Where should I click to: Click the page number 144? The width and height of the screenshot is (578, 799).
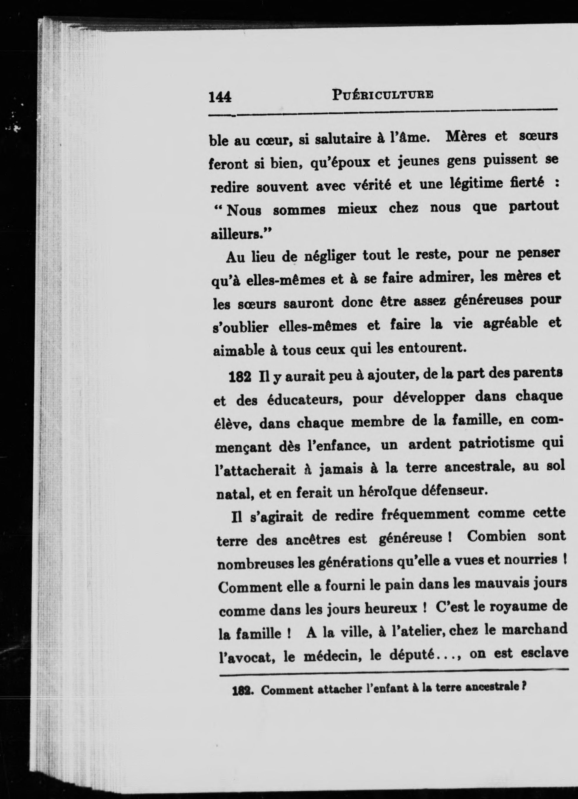(x=220, y=96)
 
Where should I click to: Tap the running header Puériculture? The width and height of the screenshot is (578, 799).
(x=383, y=95)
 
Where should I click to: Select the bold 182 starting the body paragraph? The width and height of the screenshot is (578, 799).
(x=240, y=377)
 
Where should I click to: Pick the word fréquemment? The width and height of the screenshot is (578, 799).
(x=425, y=514)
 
